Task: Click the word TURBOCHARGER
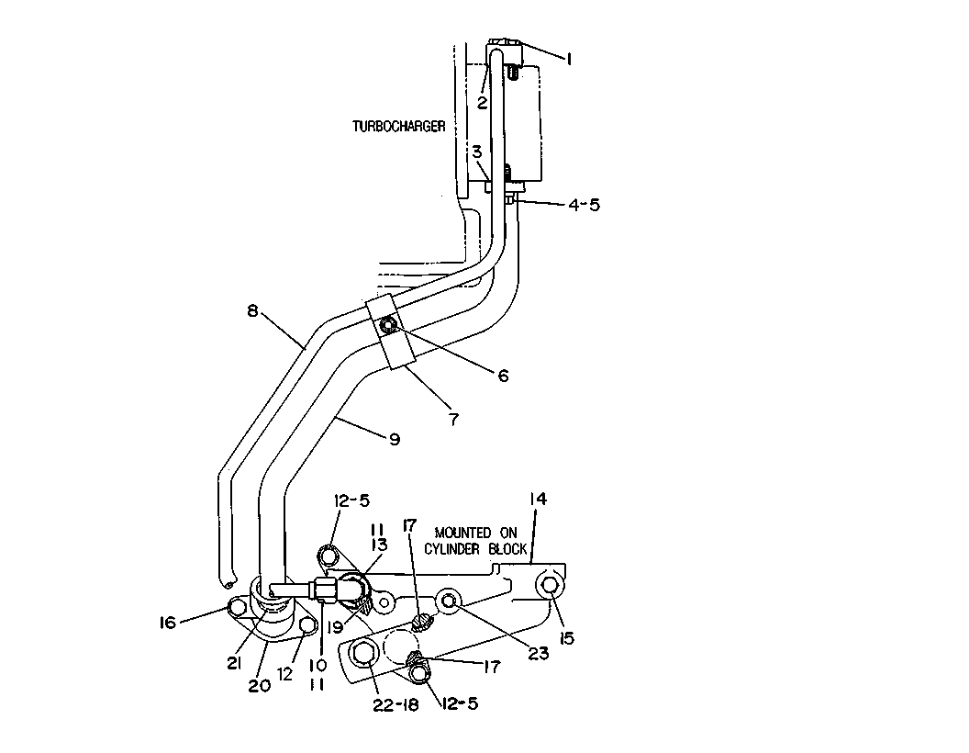coord(398,127)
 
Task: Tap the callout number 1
coord(569,59)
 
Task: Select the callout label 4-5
coord(584,205)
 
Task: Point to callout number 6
coord(503,376)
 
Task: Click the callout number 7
coord(454,419)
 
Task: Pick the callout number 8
coord(252,310)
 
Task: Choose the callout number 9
coord(395,439)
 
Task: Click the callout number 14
coord(539,499)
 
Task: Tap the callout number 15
coord(567,637)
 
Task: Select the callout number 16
coord(168,623)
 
